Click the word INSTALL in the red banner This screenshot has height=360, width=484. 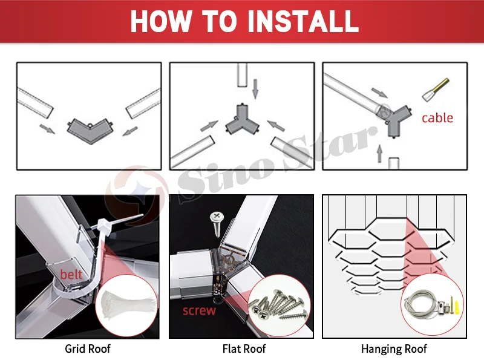tap(302, 21)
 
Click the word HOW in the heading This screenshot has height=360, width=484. tap(160, 21)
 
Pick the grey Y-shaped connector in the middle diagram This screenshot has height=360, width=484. tap(243, 120)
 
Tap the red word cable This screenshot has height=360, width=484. tap(437, 118)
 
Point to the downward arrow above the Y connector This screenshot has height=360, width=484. tap(255, 89)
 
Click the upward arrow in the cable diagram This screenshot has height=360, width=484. tap(380, 154)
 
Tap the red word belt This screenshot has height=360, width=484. tap(71, 274)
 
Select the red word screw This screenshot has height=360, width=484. tap(199, 310)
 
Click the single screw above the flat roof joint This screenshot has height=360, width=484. tap(217, 224)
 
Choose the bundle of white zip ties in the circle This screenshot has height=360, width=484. tap(126, 305)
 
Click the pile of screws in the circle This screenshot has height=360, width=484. tap(278, 305)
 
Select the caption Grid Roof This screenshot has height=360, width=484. tap(88, 349)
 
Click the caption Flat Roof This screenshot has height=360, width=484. tap(244, 349)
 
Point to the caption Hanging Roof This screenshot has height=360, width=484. tap(394, 349)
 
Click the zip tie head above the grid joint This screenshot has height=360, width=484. tap(102, 224)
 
